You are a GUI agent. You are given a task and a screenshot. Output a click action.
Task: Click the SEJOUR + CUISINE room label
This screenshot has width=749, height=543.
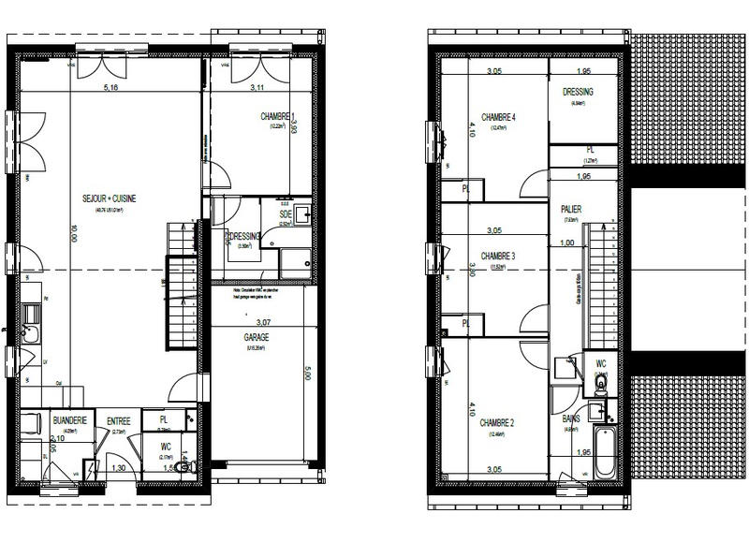coord(110,198)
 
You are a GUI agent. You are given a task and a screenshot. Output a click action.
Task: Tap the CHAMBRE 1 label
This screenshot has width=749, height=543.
coord(276,116)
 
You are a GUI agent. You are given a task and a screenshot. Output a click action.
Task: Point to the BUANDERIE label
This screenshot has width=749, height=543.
coord(71,421)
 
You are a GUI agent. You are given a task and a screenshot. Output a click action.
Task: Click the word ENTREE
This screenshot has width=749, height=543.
coord(119,422)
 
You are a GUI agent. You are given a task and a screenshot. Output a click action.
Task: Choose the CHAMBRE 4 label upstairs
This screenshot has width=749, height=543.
coord(499,116)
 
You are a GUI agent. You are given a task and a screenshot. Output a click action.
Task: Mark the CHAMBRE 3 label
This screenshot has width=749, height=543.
coord(498,256)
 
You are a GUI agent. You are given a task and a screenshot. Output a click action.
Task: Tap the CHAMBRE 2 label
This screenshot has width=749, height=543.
coord(498,423)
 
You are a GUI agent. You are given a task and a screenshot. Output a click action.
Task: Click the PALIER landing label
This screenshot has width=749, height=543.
coord(572,210)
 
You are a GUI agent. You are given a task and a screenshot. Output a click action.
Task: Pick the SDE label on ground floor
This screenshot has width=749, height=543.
coord(286,214)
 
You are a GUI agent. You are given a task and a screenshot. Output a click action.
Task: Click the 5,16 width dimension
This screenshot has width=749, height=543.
coord(110,89)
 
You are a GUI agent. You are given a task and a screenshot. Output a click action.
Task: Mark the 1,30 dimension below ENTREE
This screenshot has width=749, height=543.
coord(119,468)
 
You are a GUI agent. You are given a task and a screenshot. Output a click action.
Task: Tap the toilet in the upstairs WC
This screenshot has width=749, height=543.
coord(600,383)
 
